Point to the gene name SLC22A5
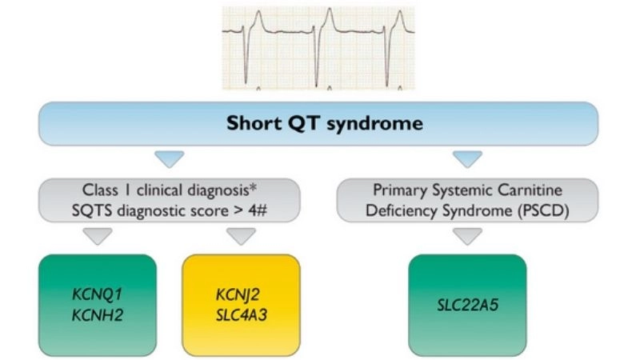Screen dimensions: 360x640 click(x=467, y=304)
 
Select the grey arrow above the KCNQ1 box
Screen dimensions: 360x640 click(x=97, y=236)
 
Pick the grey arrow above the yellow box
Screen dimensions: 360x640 click(x=241, y=236)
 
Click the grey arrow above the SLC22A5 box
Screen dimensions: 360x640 click(x=467, y=236)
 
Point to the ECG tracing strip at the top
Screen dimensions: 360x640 click(x=318, y=46)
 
